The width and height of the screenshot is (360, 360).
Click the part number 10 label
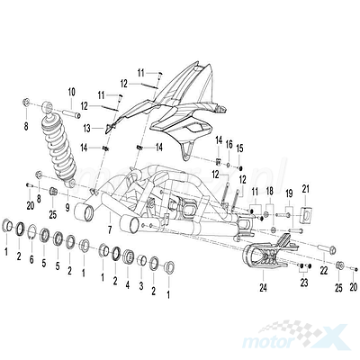(72, 93)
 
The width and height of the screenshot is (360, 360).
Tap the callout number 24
(263, 288)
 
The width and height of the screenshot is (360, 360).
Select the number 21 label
(305, 190)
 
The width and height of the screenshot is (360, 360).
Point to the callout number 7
(110, 230)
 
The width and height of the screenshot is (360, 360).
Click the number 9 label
(67, 207)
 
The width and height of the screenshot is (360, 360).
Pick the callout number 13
(87, 129)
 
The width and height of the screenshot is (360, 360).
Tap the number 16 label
(229, 145)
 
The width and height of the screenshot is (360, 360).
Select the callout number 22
(324, 271)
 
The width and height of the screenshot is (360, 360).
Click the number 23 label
(304, 283)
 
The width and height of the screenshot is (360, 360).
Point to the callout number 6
(31, 260)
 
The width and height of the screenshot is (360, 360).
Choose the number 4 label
(128, 285)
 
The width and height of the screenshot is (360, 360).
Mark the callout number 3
(141, 286)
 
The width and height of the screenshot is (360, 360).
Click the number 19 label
(289, 193)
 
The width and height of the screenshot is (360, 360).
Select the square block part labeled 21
(306, 215)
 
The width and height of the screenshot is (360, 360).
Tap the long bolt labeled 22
(326, 247)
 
